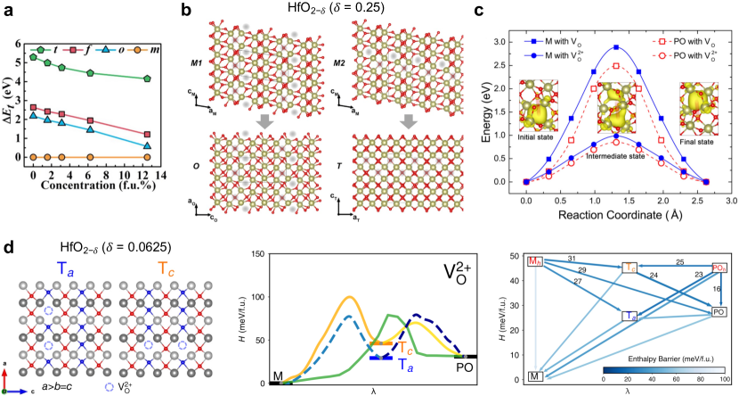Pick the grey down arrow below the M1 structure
coord(259,120)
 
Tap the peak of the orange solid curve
coord(350,297)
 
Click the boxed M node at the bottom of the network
coord(535,377)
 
